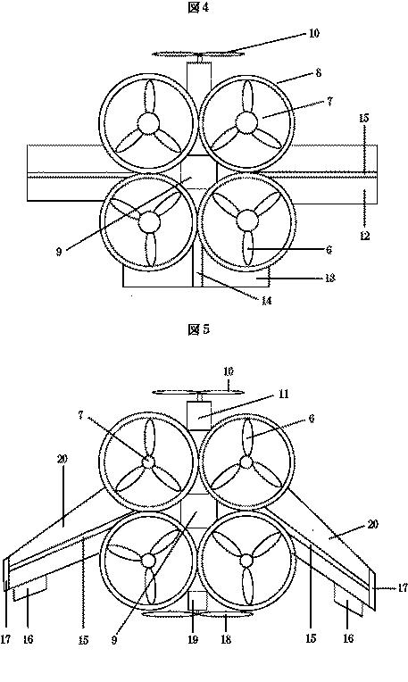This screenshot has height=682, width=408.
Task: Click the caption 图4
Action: tap(198, 7)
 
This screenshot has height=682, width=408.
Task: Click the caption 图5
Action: tap(198, 329)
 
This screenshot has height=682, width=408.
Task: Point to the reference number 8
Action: tap(319, 72)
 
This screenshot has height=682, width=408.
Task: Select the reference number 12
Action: tap(364, 236)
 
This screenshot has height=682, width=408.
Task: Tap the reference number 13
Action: tap(329, 278)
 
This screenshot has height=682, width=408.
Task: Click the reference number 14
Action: tap(267, 300)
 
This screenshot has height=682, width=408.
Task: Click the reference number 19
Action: tap(193, 639)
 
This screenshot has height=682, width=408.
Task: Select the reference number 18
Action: tap(226, 639)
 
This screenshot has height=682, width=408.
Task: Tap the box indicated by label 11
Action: tap(199, 415)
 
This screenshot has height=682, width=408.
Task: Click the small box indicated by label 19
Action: tap(198, 601)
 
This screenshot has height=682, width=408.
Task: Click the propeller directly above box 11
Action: tap(198, 393)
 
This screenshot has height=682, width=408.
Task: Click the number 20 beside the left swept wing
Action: tap(62, 459)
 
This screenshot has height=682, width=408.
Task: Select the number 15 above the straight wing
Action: tap(363, 119)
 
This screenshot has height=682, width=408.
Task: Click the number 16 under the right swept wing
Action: tap(348, 638)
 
